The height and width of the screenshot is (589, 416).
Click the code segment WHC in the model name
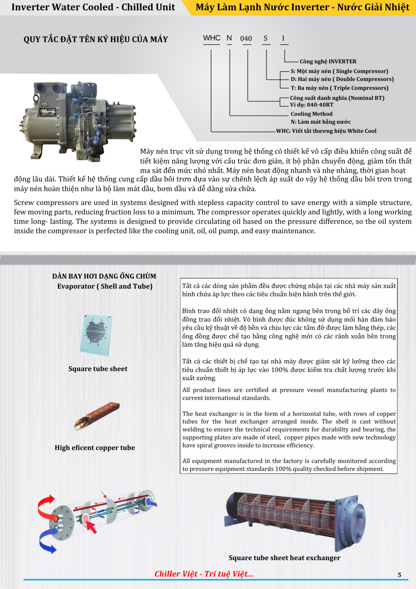(212, 38)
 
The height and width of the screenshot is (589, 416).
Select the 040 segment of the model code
(246, 39)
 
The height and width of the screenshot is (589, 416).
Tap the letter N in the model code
(229, 38)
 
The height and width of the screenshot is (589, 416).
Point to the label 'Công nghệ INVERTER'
(328, 61)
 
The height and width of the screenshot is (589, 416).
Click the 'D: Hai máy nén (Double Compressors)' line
(342, 79)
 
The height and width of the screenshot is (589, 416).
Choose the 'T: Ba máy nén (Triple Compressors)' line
(339, 88)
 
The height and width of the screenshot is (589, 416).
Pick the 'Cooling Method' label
(311, 114)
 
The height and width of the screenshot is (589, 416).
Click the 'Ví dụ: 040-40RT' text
(311, 105)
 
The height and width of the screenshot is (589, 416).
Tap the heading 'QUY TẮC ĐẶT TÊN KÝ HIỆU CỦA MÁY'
(96, 40)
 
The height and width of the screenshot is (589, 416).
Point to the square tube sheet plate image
(96, 334)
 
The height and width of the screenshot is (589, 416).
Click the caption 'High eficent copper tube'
(95, 448)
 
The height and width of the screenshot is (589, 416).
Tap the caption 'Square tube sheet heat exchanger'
(284, 558)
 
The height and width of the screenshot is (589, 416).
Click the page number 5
(399, 575)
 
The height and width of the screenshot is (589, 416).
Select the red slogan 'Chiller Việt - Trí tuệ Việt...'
(204, 574)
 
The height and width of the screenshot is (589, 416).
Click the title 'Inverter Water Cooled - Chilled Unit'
(93, 7)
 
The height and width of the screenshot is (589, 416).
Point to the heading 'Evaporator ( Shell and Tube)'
(105, 286)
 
